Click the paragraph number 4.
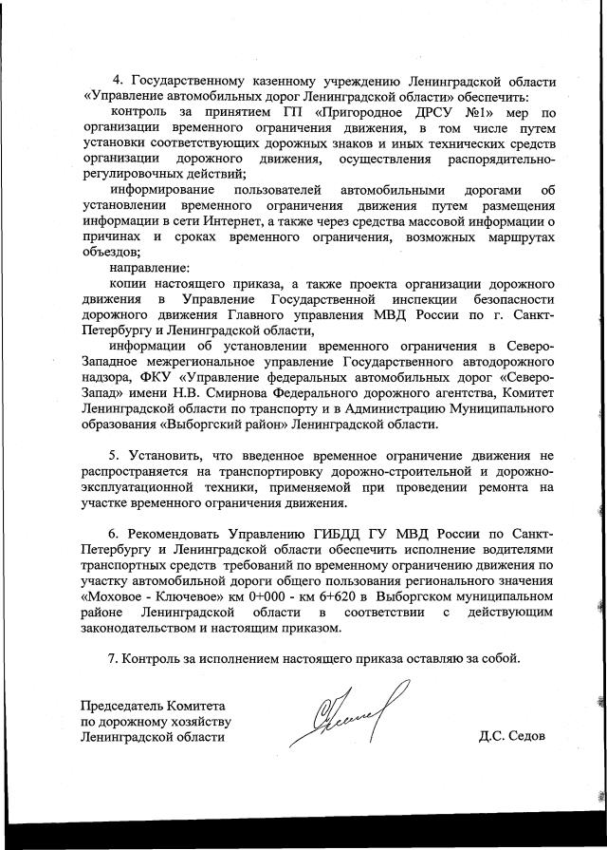click(117, 80)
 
